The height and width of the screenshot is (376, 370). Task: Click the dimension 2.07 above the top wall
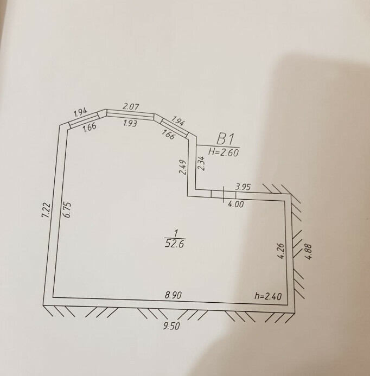[131, 106]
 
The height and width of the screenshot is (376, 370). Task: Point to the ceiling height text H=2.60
[224, 152]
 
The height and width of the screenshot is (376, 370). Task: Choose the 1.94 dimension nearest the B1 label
[178, 120]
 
